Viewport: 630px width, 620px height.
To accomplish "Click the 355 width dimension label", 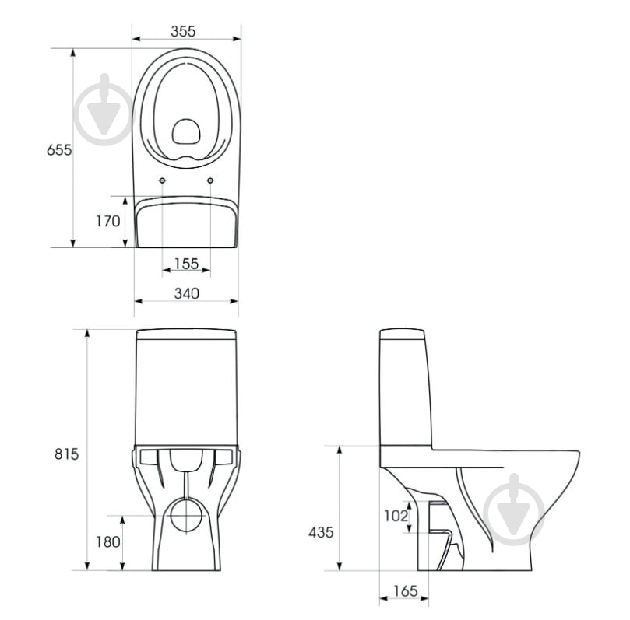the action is click(183, 31).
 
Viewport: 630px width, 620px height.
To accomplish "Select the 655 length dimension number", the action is click(59, 149).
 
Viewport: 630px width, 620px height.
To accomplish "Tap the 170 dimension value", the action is click(108, 221).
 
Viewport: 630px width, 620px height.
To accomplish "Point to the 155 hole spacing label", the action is click(186, 264).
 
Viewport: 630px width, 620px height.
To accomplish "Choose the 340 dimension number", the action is click(186, 293).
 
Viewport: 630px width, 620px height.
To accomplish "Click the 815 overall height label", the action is click(67, 454).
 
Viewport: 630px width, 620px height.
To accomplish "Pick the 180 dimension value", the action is click(108, 542).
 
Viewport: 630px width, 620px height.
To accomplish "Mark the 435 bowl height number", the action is click(321, 533).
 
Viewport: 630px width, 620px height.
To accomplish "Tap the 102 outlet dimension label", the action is click(396, 516).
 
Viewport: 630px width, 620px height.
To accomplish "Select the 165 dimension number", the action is click(406, 591).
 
